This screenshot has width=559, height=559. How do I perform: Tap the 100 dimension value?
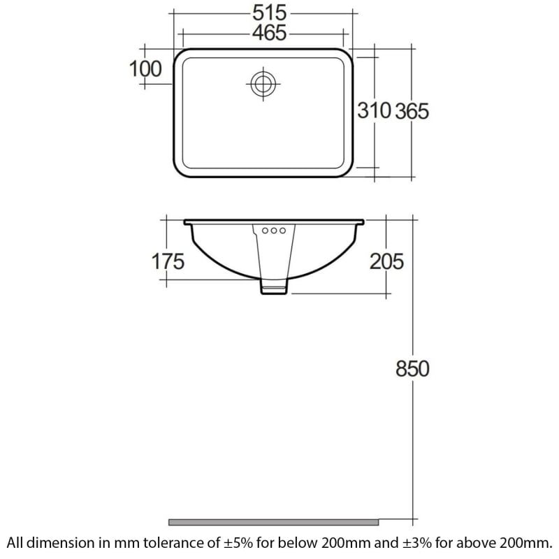[x=145, y=68]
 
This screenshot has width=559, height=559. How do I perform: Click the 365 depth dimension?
[x=412, y=110]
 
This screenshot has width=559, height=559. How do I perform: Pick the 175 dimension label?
[x=168, y=261]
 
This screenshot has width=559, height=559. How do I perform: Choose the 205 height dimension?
[x=386, y=261]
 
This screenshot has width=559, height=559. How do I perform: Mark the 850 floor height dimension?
[x=412, y=369]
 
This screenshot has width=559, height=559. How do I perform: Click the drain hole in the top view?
[x=263, y=84]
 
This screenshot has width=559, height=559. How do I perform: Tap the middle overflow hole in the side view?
[x=274, y=230]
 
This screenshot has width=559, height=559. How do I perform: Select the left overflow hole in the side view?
[x=266, y=230]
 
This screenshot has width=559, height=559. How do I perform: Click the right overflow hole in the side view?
[x=282, y=230]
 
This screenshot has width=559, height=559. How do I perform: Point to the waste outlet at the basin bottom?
[x=274, y=286]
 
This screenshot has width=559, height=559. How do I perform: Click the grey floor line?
[x=273, y=521]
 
